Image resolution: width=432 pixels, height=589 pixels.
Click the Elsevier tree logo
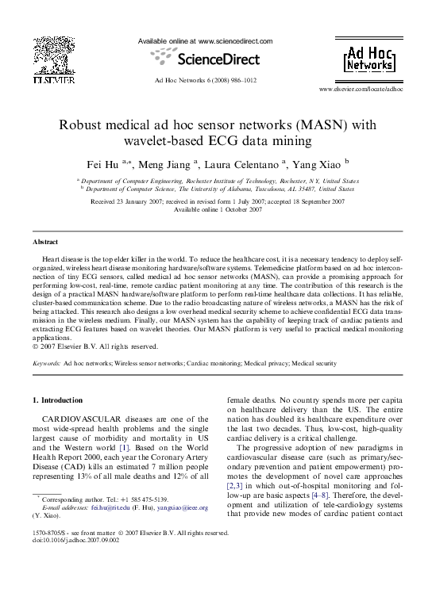coord(53,55)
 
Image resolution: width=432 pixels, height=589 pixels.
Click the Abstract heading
coord(44,240)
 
